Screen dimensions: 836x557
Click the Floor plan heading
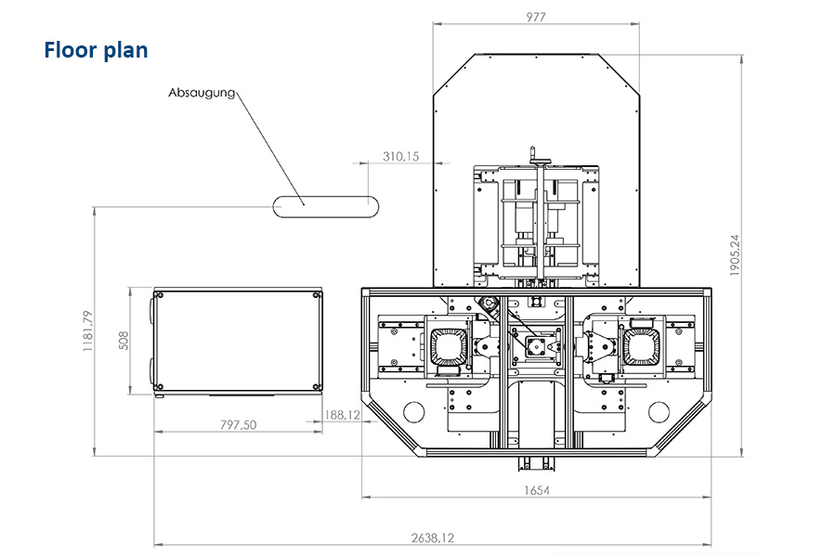[x=96, y=50]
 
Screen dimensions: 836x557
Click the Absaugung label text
[x=202, y=93]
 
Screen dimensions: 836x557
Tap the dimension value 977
[x=536, y=17]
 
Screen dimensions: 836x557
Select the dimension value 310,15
[x=401, y=157]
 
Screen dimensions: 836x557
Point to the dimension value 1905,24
[x=735, y=254]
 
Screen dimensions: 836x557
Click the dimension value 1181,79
[x=88, y=331]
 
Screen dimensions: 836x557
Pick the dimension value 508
[x=124, y=341]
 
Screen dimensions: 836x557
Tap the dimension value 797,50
[x=239, y=425]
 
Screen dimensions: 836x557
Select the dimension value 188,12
[x=342, y=415]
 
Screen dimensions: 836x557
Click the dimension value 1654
[x=536, y=490]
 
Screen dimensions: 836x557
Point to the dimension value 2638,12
[x=432, y=538]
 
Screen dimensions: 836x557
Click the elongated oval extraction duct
[x=326, y=207]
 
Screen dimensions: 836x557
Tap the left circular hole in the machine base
[x=413, y=411]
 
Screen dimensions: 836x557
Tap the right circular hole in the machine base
[x=659, y=411]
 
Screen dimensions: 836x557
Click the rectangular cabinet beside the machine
[x=238, y=341]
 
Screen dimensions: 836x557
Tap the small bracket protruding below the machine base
[x=536, y=464]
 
